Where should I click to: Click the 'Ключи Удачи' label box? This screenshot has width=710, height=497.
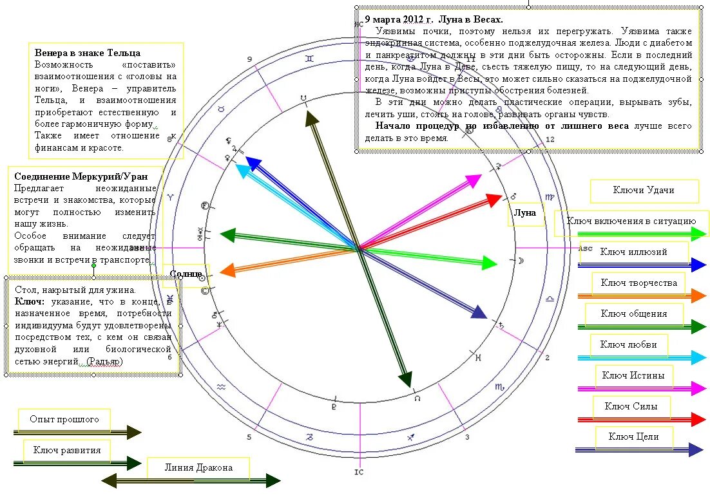click(x=644, y=191)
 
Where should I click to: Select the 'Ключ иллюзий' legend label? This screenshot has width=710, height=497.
click(x=633, y=252)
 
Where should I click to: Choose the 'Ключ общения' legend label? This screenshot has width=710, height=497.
click(x=633, y=314)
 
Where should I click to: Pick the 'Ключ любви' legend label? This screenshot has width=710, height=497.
click(x=628, y=345)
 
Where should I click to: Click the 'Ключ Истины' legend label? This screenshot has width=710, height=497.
click(x=633, y=376)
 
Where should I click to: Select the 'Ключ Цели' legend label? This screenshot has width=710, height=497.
click(x=633, y=437)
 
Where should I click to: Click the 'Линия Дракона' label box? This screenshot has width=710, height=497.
click(x=198, y=468)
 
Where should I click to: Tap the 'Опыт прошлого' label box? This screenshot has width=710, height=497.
click(x=64, y=420)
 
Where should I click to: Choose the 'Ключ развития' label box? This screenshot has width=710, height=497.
click(x=66, y=451)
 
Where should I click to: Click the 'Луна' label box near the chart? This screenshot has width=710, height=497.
click(x=525, y=214)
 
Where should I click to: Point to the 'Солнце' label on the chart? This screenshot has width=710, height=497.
click(x=186, y=274)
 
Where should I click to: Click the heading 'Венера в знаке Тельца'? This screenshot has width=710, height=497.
click(x=88, y=53)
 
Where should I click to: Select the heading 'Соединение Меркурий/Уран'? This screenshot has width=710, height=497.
click(x=81, y=176)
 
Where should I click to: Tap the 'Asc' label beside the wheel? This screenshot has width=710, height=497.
click(x=585, y=248)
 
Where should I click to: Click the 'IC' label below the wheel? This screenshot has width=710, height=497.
click(x=359, y=472)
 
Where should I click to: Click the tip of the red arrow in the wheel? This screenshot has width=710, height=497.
click(x=501, y=196)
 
